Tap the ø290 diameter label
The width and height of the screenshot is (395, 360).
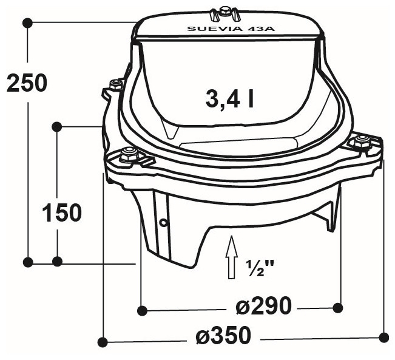tap(263, 306)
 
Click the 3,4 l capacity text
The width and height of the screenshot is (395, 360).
tap(229, 99)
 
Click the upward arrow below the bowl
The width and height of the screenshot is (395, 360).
tap(231, 257)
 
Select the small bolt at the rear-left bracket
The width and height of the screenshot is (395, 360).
tap(112, 84)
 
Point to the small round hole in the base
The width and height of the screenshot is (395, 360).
tap(163, 222)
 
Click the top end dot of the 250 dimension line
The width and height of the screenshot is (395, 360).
tap(27, 22)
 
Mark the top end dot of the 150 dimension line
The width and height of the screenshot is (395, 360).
tap(56, 126)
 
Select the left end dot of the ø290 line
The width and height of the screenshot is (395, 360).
tap(141, 310)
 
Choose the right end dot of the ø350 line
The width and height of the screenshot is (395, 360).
tap(383, 336)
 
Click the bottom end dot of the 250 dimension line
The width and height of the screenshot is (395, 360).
tap(27, 262)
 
